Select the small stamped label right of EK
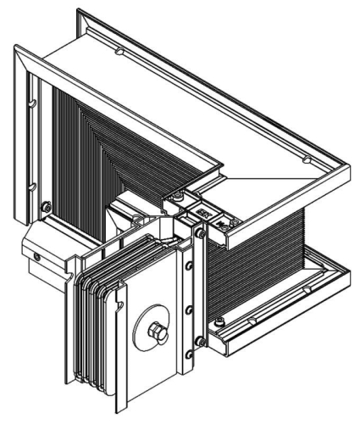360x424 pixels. coord(223,222)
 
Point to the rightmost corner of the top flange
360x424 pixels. coord(349,166)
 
